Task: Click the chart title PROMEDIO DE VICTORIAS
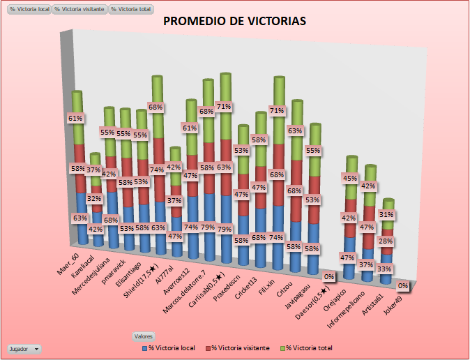click(234, 21)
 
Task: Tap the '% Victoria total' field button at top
click(131, 9)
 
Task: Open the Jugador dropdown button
click(24, 347)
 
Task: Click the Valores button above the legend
click(144, 336)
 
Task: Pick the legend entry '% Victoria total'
click(308, 347)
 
